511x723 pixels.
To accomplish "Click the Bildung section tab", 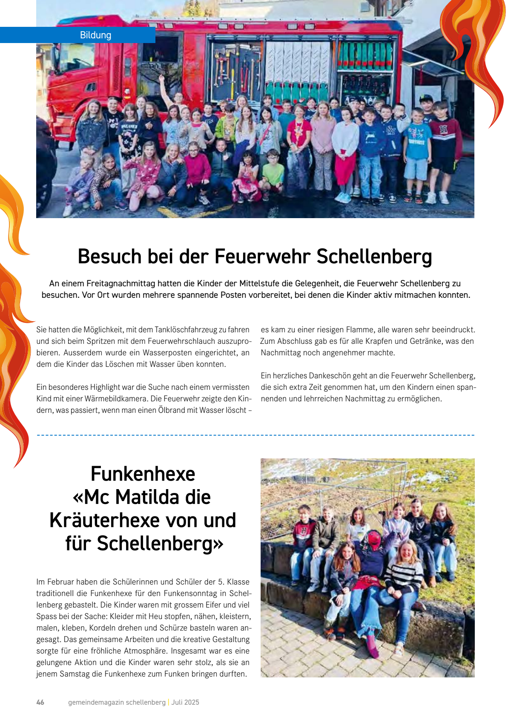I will tap(95, 35).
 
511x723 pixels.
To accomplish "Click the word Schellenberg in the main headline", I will tap(374, 256).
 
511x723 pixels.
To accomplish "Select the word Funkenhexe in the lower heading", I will tap(143, 474).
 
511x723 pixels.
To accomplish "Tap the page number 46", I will tap(40, 702).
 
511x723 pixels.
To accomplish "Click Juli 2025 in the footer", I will tap(185, 702).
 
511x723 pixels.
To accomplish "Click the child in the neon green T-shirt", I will tap(273, 172).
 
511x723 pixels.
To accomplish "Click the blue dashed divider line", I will tap(255, 435).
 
